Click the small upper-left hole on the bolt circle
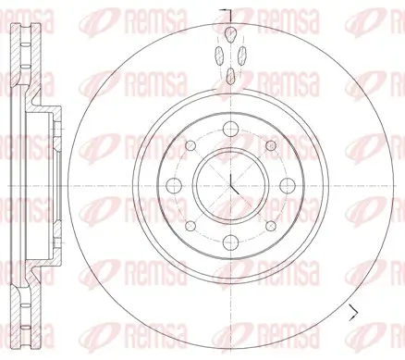click(190, 145)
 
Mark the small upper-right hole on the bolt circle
click(270, 144)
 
